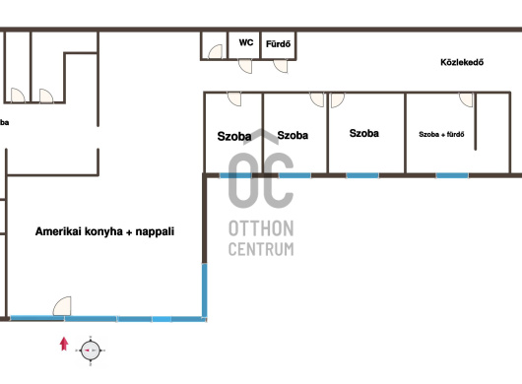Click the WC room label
pyautogui.click(x=246, y=42)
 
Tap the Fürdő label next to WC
pyautogui.click(x=278, y=44)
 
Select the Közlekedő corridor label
pyautogui.click(x=462, y=62)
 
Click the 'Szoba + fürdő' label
pyautogui.click(x=441, y=135)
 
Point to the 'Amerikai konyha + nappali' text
pyautogui.click(x=104, y=231)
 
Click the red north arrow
pyautogui.click(x=64, y=344)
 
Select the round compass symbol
pyautogui.click(x=91, y=351)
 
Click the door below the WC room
pyautogui.click(x=245, y=66)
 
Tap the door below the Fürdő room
pyautogui.click(x=281, y=66)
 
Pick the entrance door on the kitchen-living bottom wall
pyautogui.click(x=62, y=306)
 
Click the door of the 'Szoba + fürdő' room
pyautogui.click(x=466, y=99)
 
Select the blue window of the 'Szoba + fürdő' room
pyautogui.click(x=452, y=175)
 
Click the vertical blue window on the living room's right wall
pyautogui.click(x=205, y=290)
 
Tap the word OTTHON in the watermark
pyautogui.click(x=261, y=228)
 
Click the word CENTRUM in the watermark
pyautogui.click(x=261, y=249)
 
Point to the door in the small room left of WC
pyautogui.click(x=215, y=51)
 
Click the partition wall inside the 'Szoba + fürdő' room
pyautogui.click(x=475, y=121)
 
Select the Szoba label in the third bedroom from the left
pyautogui.click(x=363, y=133)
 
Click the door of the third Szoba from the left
pyautogui.click(x=337, y=99)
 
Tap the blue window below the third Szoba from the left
pyautogui.click(x=362, y=175)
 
